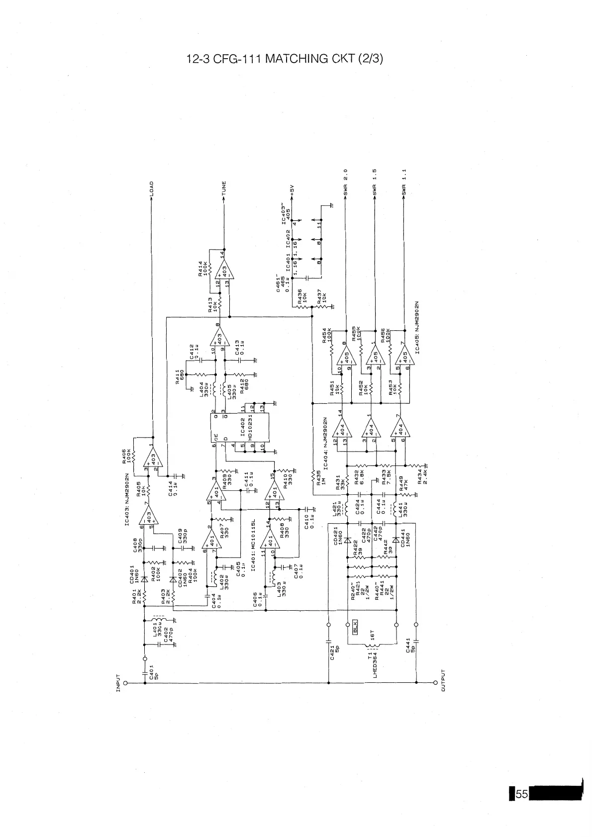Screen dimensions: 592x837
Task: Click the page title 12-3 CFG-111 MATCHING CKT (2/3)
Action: pyautogui.click(x=285, y=59)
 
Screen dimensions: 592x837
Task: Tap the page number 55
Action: pyautogui.click(x=521, y=794)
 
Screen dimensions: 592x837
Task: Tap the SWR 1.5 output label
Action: pyautogui.click(x=375, y=183)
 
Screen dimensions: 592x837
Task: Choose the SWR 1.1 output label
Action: pyautogui.click(x=404, y=183)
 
